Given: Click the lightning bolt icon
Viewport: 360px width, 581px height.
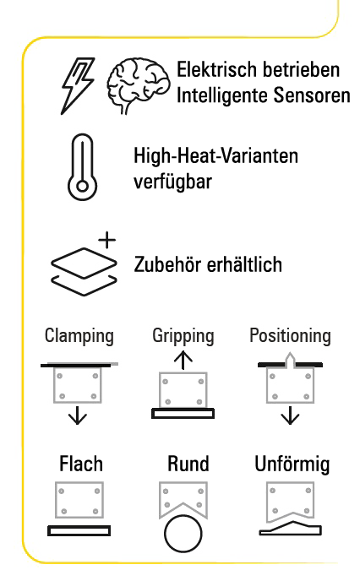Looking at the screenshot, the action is point(78,86).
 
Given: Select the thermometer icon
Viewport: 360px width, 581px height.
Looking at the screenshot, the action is point(82,167).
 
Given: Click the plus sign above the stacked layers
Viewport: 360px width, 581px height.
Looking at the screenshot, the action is point(107,240).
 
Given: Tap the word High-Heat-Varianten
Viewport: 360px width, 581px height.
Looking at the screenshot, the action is point(215,156).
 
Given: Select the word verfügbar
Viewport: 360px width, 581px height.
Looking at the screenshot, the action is point(172,182).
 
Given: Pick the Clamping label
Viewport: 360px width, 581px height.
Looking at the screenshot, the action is point(79,336).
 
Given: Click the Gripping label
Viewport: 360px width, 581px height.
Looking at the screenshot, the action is point(183,336).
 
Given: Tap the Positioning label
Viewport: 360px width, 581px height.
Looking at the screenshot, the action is point(291,336).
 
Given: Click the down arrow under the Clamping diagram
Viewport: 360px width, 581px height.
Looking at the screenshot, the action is point(78,415).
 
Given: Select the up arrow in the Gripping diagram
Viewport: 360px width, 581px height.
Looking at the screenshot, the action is point(183,361).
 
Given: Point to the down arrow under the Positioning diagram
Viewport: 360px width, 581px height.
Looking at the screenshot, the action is point(290,415).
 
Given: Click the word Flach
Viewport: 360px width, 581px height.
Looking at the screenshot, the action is point(81,464).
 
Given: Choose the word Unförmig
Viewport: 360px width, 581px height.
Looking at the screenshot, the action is point(292,464).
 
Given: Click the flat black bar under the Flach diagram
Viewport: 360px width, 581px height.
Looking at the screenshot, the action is point(79,531).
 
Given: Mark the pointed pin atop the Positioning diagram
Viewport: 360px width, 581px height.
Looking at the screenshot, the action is point(291,361).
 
